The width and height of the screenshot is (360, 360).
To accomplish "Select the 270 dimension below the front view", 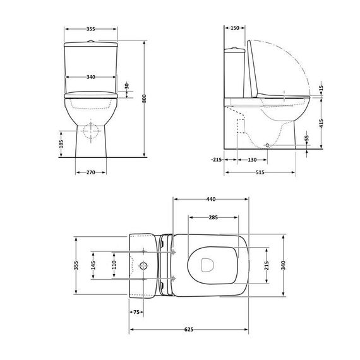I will [x=90, y=171].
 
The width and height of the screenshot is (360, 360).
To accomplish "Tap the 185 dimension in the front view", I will [x=61, y=143].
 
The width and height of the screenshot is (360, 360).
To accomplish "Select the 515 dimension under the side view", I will [x=260, y=171].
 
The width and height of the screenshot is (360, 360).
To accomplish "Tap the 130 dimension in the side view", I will [x=251, y=160].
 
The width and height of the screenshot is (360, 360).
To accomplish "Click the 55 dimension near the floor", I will [x=308, y=138].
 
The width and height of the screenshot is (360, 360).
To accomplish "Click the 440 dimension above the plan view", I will [x=212, y=199].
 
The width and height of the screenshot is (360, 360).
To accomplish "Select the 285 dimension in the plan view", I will [x=213, y=217].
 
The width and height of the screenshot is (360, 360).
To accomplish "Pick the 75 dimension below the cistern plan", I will [x=136, y=312].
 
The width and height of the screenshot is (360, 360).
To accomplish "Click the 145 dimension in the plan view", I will [x=93, y=265].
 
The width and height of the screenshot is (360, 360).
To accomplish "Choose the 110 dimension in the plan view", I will [x=114, y=265].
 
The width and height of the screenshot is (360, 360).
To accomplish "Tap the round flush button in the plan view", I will [x=145, y=265].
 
